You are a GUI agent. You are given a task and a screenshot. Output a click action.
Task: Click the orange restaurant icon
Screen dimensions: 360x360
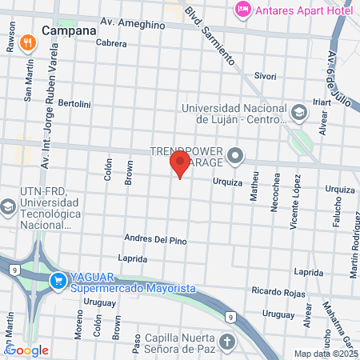pyautogui.click(x=27, y=42)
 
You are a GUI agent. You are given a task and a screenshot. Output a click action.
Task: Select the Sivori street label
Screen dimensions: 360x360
pyautogui.click(x=265, y=76)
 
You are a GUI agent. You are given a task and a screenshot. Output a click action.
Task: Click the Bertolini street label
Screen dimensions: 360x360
pyautogui.click(x=75, y=104)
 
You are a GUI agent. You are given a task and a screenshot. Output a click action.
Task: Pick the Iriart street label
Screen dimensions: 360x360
pyautogui.click(x=321, y=102)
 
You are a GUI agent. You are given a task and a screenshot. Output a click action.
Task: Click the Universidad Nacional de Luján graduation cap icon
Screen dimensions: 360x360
pyautogui.click(x=298, y=112)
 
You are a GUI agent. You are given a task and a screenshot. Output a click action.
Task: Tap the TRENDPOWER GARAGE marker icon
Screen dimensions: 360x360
pyautogui.click(x=235, y=156)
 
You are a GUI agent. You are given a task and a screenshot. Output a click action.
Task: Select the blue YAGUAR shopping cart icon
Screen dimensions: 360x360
pyautogui.click(x=58, y=281)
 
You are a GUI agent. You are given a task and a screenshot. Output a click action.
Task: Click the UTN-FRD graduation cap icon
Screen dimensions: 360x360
pyautogui.click(x=7, y=207)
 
